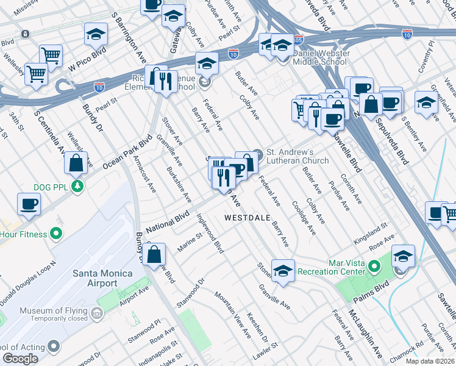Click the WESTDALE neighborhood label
click(248, 217)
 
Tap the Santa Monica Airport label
click(94, 278)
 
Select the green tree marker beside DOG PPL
click(77, 185)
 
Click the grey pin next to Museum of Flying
click(97, 314)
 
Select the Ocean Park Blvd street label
click(127, 154)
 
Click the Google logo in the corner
click(20, 359)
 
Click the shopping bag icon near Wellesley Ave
click(76, 163)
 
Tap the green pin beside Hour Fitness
click(56, 232)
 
